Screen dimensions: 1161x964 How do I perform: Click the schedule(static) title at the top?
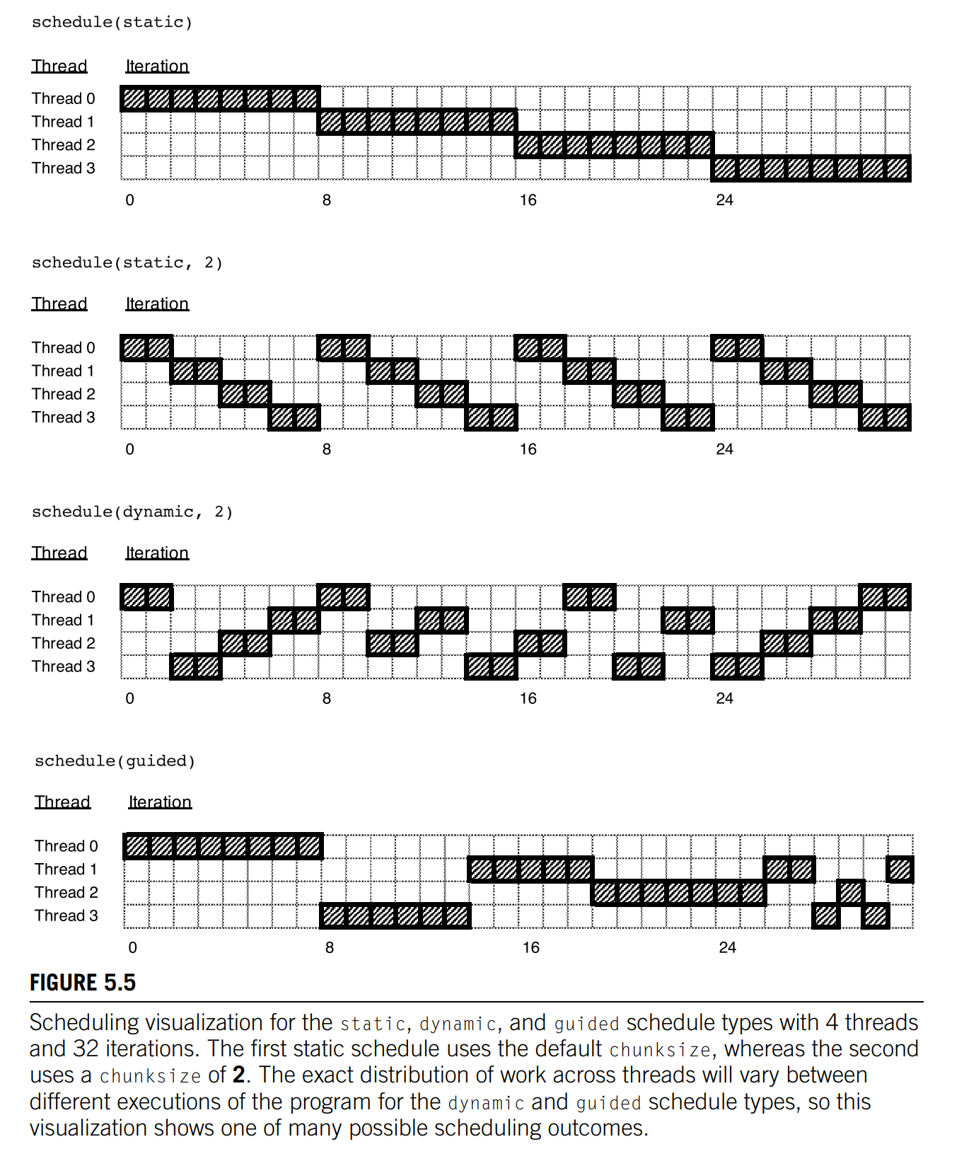(x=112, y=23)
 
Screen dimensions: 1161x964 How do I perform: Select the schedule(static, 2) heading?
(x=127, y=263)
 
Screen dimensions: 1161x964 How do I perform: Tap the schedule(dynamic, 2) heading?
(x=132, y=512)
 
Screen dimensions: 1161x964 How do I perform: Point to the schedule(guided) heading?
(x=115, y=761)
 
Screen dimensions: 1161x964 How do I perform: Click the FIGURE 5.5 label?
(x=83, y=983)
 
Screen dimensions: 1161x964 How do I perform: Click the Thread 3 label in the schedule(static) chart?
(x=64, y=168)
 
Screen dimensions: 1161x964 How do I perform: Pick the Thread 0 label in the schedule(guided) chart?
(x=66, y=846)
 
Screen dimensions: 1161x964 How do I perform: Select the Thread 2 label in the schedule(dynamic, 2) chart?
(x=64, y=644)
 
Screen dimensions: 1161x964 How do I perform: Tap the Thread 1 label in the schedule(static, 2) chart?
(x=63, y=371)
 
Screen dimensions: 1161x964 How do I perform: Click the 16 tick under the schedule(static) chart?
(x=528, y=200)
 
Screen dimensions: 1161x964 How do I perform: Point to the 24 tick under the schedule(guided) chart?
(x=727, y=948)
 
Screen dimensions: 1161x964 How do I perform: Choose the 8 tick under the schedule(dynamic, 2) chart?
(x=327, y=699)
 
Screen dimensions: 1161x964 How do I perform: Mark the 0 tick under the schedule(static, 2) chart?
(x=130, y=450)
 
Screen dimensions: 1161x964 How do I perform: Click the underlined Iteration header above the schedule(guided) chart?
(x=160, y=802)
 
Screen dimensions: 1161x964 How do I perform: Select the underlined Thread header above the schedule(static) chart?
(x=59, y=67)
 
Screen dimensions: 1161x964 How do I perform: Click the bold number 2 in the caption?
(x=239, y=1075)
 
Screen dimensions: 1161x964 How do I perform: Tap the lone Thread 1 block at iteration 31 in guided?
(x=900, y=870)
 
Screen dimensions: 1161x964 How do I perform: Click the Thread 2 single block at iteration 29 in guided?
(x=851, y=893)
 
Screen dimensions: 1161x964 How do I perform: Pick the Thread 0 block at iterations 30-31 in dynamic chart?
(x=885, y=597)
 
